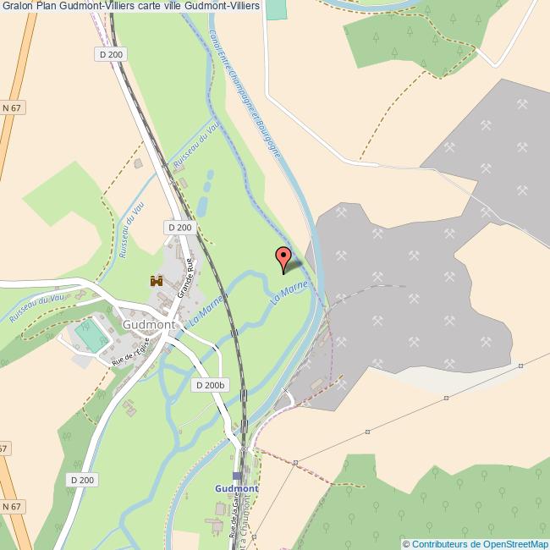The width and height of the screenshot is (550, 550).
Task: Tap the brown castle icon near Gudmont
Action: point(157,280)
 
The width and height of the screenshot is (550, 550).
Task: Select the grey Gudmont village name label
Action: point(148,324)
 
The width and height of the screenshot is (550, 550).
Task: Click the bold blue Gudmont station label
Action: point(237,489)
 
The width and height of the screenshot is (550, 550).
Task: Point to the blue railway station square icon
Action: point(237,476)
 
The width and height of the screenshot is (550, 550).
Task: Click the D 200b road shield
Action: point(209,385)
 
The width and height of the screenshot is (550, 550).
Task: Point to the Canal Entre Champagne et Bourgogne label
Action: point(245,93)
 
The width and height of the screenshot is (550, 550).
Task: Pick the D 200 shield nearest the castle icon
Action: point(179,227)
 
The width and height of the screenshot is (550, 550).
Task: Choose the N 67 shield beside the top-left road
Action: point(11,108)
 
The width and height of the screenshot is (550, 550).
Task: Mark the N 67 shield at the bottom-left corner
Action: point(10,506)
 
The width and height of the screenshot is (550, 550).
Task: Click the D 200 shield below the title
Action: point(111,54)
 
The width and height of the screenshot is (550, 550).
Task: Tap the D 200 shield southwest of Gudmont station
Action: point(82,480)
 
